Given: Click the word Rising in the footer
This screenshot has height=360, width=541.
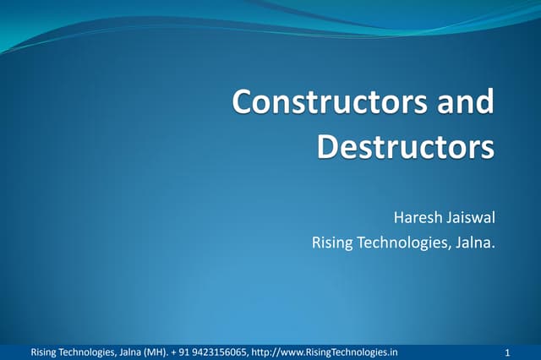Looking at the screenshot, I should point(44,352).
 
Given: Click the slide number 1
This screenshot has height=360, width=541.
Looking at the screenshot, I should point(505,352).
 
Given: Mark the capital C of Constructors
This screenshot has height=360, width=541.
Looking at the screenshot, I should point(243,102).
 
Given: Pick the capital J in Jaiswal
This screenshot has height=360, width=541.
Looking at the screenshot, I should point(449,220).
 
